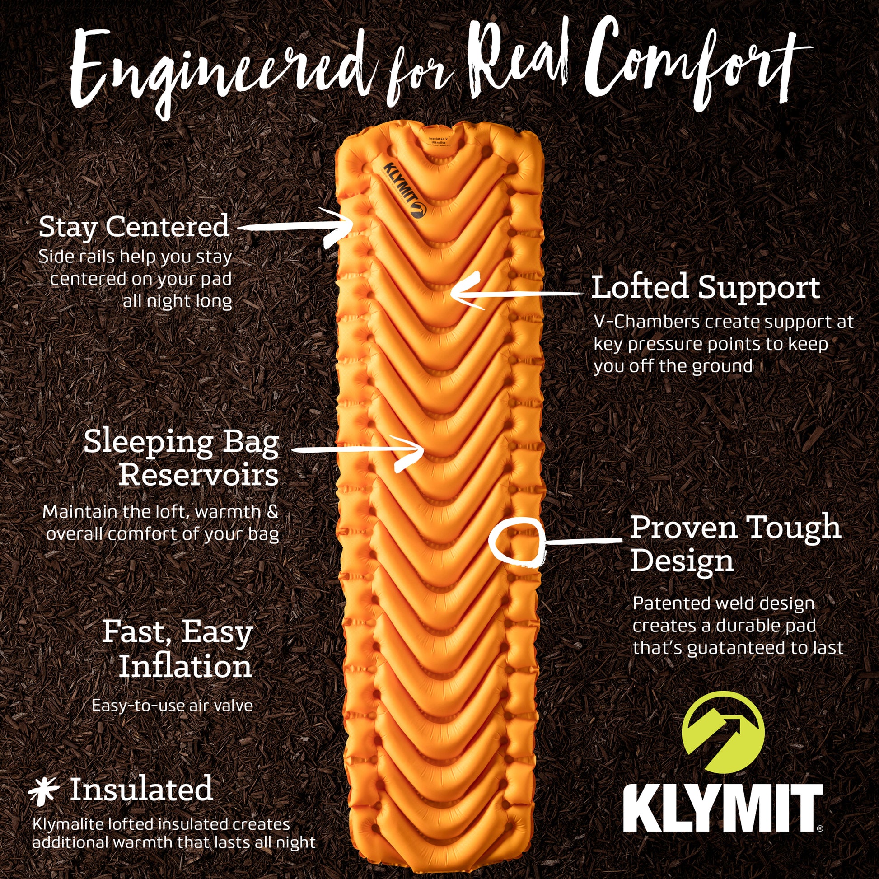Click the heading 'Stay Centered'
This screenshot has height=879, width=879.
(x=134, y=227)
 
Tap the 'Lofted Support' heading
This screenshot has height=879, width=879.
(x=706, y=288)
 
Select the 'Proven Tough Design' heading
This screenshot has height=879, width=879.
(x=735, y=544)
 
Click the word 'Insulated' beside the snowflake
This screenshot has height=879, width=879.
(x=141, y=790)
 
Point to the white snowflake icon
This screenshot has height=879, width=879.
(x=44, y=790)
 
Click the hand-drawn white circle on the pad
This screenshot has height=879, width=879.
(x=517, y=542)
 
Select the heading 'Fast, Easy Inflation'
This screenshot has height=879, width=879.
(x=178, y=649)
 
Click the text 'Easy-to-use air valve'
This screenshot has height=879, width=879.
(x=173, y=706)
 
